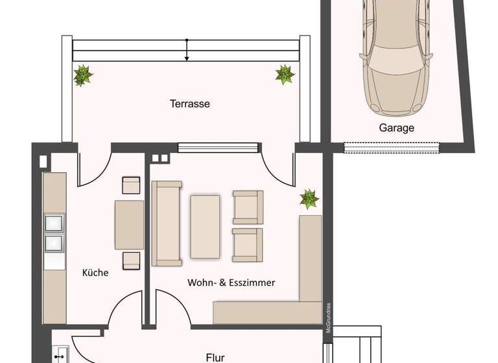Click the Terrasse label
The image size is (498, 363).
[x=190, y=104]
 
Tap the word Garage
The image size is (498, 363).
[x=396, y=128]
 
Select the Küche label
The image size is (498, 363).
[x=95, y=273]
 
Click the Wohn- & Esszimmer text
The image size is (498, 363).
[x=231, y=283]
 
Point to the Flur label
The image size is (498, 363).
[x=215, y=357]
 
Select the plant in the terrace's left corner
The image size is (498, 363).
[x=82, y=75]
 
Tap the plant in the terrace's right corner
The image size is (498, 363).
[x=285, y=75]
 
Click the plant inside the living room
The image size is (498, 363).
[x=309, y=199]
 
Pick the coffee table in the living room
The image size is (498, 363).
[x=205, y=227]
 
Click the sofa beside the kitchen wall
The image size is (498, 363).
[x=167, y=224]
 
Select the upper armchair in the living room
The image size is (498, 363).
[x=248, y=207]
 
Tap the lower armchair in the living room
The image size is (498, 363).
[x=248, y=244]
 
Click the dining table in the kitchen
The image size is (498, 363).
[x=129, y=224]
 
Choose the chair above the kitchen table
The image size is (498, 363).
[x=132, y=185]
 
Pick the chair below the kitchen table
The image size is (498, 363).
[x=132, y=260]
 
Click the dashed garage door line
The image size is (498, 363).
[x=392, y=148]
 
